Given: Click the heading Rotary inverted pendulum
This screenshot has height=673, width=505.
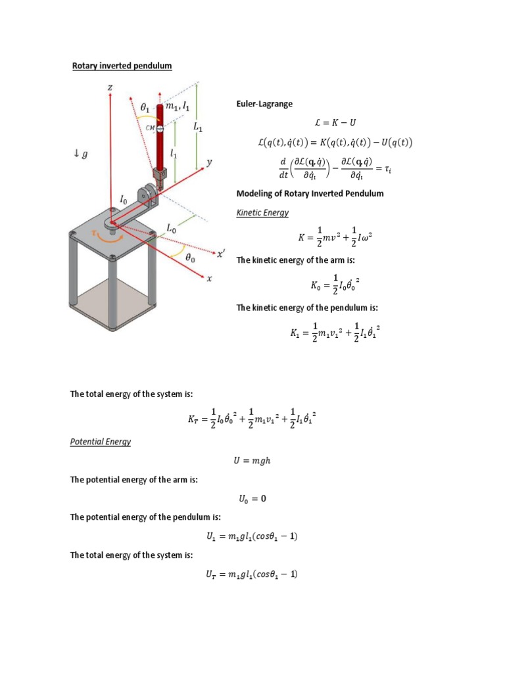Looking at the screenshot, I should [122, 66].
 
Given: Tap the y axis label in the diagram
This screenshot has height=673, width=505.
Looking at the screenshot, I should [210, 162].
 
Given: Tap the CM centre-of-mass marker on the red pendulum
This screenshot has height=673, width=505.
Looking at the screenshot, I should [160, 129].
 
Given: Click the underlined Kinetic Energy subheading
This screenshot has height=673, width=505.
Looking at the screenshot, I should [262, 213].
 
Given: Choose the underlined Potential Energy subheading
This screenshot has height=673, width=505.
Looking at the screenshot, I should [101, 442].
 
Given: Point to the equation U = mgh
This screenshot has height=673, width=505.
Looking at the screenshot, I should [252, 461].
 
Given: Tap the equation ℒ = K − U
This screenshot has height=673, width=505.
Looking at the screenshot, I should [335, 123].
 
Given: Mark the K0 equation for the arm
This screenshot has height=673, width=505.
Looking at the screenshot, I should [335, 285].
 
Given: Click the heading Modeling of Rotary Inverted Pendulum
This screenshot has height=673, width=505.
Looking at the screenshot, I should [309, 193].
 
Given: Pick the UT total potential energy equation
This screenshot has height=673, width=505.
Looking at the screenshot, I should [252, 574].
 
